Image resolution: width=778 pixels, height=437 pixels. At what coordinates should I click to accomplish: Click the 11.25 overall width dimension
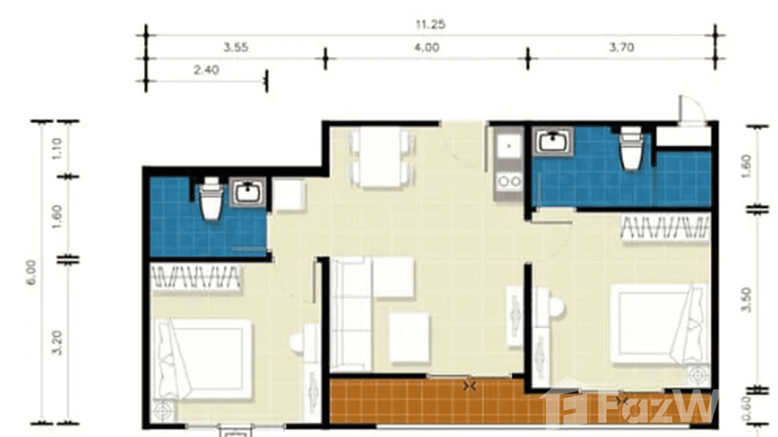point(430,25)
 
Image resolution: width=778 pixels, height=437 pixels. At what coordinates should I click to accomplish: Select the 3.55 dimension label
point(237,48)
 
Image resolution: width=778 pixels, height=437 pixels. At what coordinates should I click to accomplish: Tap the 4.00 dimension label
point(427,48)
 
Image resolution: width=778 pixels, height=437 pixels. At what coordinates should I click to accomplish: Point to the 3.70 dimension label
point(621,48)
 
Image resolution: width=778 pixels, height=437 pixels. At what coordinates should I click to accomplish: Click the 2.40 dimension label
point(206,71)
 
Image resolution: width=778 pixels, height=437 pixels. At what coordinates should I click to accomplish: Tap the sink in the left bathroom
point(248,192)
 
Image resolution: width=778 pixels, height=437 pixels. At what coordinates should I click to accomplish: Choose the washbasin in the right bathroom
point(553,141)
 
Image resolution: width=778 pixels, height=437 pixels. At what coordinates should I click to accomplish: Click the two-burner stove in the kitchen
point(508,182)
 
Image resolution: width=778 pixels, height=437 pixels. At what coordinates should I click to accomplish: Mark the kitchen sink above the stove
point(508,145)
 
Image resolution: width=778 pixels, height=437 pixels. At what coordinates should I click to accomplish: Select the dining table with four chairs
point(383,157)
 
